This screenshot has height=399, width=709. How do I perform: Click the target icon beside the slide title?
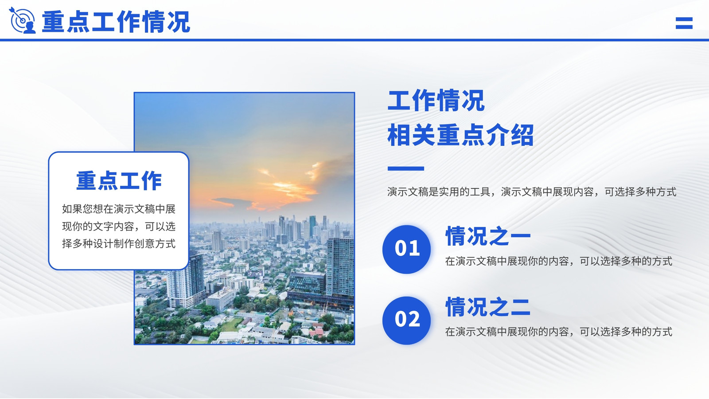tap(22, 20)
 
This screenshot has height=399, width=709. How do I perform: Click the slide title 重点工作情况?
tap(116, 22)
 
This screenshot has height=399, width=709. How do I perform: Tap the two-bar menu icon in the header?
tap(684, 23)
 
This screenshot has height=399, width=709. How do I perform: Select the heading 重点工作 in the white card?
tap(119, 181)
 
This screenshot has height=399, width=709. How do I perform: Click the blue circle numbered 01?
tap(407, 249)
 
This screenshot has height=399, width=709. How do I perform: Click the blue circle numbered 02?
tap(407, 320)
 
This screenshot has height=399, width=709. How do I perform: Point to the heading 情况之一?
tap(488, 236)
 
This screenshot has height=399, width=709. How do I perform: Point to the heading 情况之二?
tap(488, 306)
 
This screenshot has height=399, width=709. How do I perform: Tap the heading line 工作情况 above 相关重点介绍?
tap(436, 100)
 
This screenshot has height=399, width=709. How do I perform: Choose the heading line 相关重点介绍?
tap(460, 135)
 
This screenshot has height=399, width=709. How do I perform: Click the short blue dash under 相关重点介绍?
tap(406, 168)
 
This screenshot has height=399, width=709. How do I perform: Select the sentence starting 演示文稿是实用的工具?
tap(532, 192)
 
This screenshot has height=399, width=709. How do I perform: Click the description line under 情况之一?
tap(559, 261)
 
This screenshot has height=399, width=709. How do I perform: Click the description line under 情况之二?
tap(559, 332)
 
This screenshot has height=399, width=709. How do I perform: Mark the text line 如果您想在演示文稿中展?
tap(119, 209)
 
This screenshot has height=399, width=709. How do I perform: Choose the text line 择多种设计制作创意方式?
tap(119, 244)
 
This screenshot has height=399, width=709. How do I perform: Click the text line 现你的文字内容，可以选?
tap(119, 227)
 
